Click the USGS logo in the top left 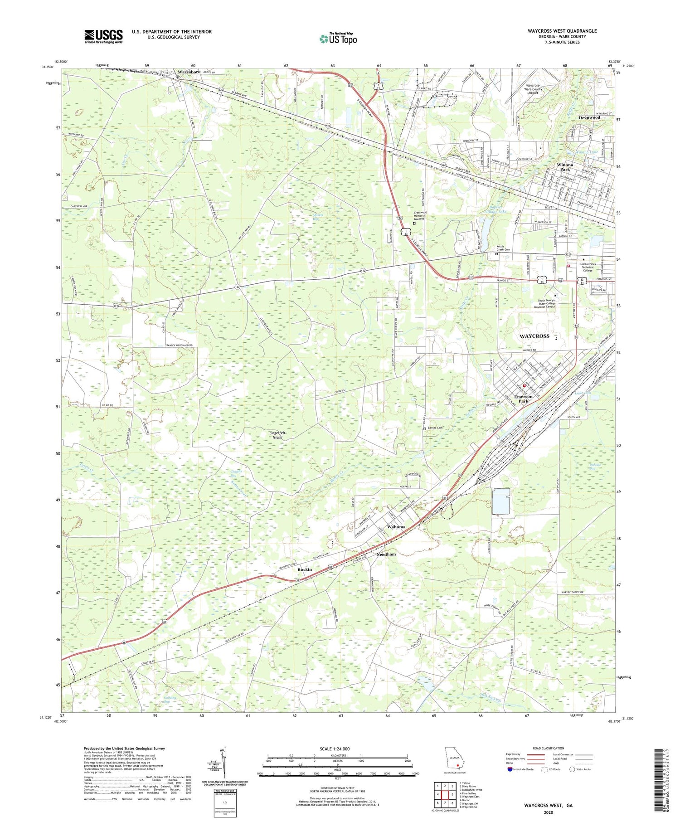tap(103, 36)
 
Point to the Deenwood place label tap(589, 117)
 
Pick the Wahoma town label tap(396, 527)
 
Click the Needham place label tap(386, 554)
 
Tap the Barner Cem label tap(434, 428)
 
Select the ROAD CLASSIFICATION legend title tap(548, 748)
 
